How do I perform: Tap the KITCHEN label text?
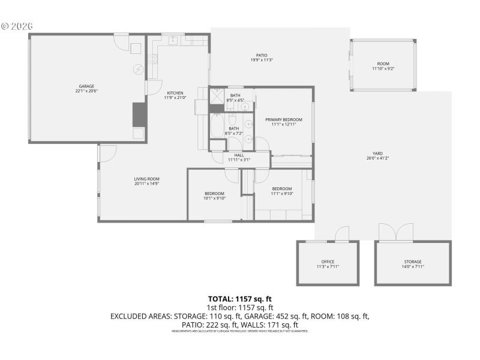click(x=175, y=95)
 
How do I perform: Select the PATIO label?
click(x=262, y=57)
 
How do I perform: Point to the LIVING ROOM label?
click(x=146, y=181)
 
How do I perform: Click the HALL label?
click(x=238, y=157)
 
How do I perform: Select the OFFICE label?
click(x=328, y=264)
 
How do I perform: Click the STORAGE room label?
click(x=412, y=264)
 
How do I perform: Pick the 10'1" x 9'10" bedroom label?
click(x=214, y=196)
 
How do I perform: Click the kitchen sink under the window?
click(x=173, y=41)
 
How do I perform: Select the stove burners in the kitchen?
click(x=154, y=59)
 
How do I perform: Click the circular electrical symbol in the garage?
click(x=137, y=70)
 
